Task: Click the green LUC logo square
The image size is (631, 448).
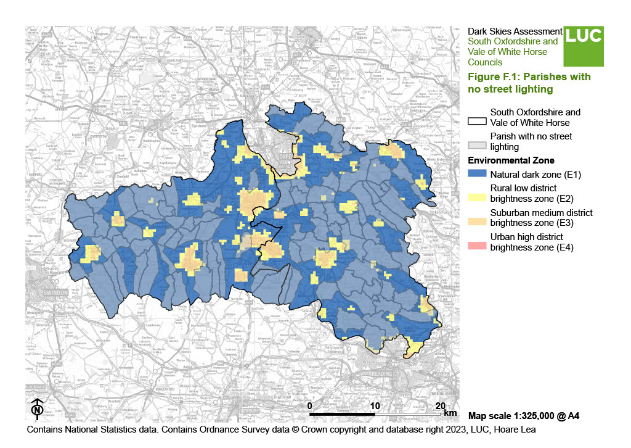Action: click(x=584, y=46)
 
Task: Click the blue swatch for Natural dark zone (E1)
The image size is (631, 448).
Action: click(x=478, y=174)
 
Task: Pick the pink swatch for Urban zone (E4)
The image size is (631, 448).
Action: click(x=478, y=246)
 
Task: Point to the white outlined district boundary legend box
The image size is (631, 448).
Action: click(x=478, y=121)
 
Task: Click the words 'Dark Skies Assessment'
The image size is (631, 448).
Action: click(x=515, y=31)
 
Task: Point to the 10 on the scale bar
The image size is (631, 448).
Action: click(x=376, y=405)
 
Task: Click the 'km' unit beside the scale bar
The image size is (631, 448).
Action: click(x=450, y=412)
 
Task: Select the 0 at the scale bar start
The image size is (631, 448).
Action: click(x=310, y=405)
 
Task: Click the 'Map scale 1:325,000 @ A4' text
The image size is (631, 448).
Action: click(x=523, y=416)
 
